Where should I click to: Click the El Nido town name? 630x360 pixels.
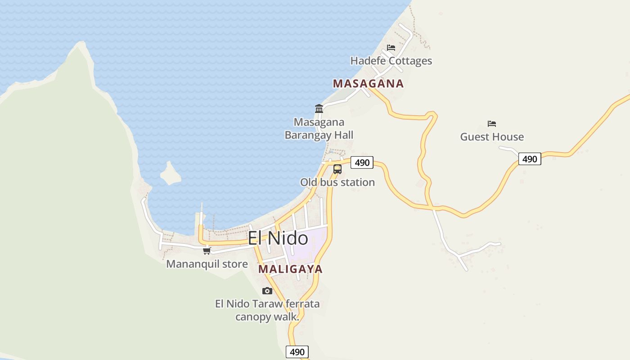pos(278,238)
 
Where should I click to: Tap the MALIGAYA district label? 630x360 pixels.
pos(291,269)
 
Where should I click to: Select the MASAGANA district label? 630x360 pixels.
pos(368,84)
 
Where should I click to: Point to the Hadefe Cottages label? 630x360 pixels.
pos(391,61)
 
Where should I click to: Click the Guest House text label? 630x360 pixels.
pos(492,137)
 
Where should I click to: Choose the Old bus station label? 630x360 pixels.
pos(337,182)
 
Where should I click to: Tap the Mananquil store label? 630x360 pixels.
pos(207,264)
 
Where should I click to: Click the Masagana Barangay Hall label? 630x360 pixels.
pos(319,129)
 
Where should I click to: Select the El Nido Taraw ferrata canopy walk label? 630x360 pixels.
pos(267,310)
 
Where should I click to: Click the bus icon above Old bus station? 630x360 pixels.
pos(337,170)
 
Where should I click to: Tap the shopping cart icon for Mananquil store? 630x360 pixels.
pos(207,251)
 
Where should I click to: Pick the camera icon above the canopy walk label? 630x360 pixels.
pos(267,291)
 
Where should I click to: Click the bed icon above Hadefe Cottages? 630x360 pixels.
pos(391,47)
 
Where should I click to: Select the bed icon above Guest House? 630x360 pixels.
pos(492,123)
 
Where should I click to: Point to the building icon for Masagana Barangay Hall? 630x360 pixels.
pos(319,108)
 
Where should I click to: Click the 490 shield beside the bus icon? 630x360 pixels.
pos(362,162)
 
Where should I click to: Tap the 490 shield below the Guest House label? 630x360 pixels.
pos(530,159)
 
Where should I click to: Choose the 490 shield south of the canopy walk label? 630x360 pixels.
pos(297,352)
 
